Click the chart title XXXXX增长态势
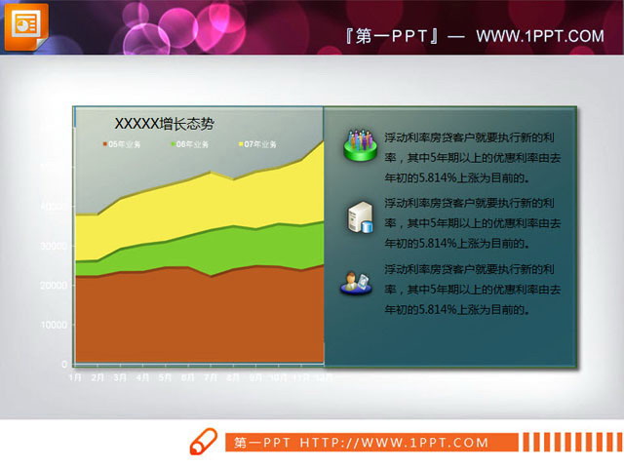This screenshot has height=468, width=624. [x=164, y=124]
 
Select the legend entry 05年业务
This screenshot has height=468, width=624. [x=123, y=144]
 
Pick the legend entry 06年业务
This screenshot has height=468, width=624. [x=191, y=144]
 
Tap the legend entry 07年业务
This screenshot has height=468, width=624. [x=259, y=144]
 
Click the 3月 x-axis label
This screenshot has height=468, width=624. [x=120, y=375]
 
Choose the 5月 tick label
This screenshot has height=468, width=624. [x=166, y=375]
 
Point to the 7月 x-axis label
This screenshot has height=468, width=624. [x=212, y=375]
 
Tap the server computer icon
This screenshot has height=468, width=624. [x=359, y=216]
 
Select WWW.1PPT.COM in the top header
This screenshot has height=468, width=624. [x=540, y=36]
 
